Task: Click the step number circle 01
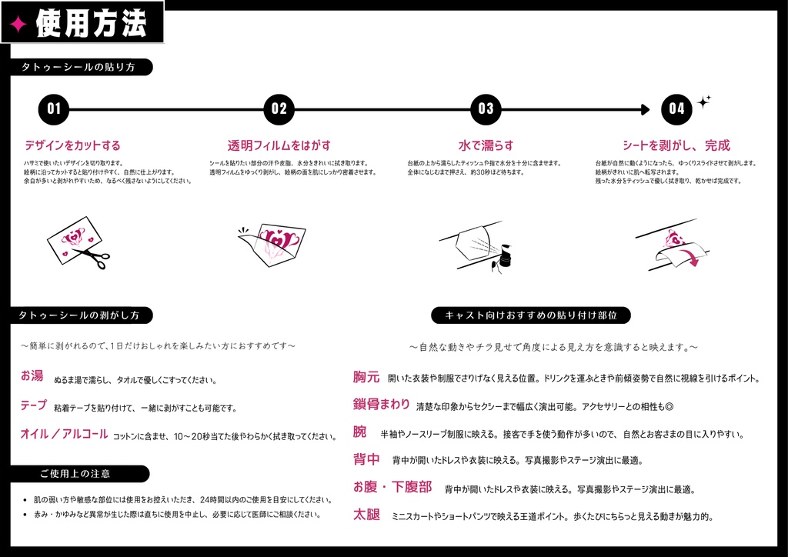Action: [54, 109]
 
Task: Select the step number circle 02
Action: [279, 109]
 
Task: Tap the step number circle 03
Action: [486, 109]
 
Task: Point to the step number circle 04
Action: [676, 109]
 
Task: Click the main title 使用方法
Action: [91, 24]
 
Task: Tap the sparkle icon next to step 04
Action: [703, 101]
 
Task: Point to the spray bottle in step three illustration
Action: [505, 256]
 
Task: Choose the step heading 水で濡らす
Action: [486, 145]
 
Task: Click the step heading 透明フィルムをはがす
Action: [279, 145]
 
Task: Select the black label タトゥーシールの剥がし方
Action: [79, 315]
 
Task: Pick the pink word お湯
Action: [32, 376]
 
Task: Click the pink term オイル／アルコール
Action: [64, 434]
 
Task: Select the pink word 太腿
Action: [366, 515]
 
